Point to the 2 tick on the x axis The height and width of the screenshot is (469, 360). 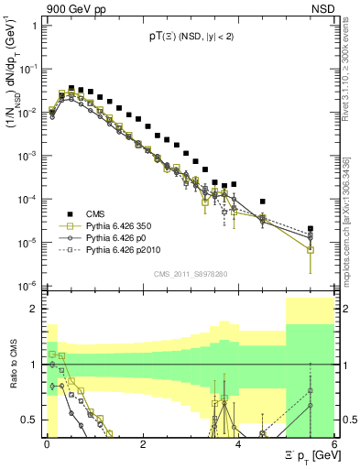[x=142, y=443]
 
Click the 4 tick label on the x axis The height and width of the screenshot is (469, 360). [x=237, y=443]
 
